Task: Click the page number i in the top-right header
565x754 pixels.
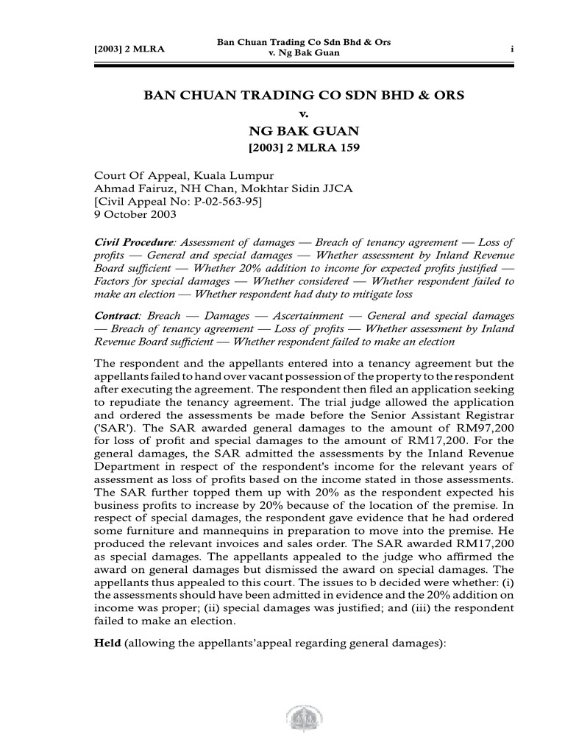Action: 511,49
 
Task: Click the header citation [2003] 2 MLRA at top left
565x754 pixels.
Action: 128,49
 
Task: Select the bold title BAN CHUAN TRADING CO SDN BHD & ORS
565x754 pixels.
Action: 304,96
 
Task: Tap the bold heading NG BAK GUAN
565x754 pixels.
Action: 304,132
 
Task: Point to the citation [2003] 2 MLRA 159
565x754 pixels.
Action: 304,149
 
